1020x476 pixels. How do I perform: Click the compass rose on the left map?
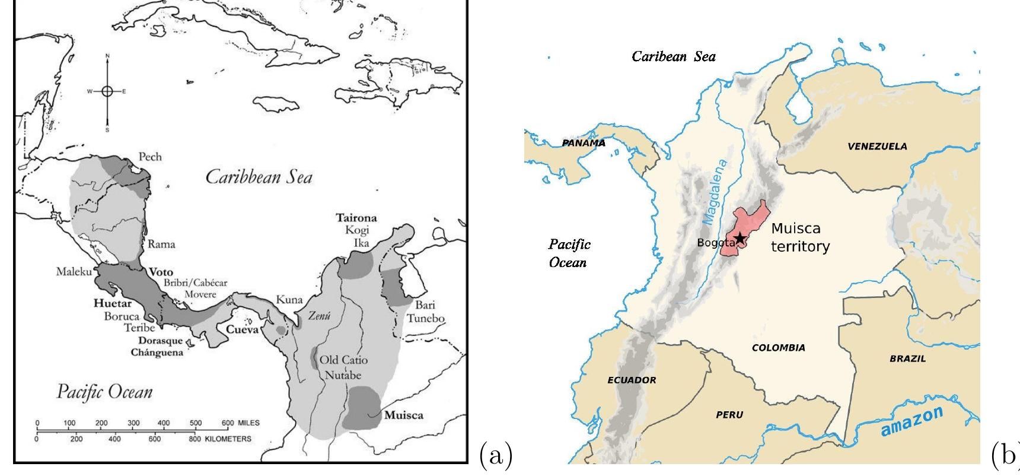(107, 91)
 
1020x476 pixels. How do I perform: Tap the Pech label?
(150, 157)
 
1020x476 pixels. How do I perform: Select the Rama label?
(161, 243)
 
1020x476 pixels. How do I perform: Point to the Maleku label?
(74, 272)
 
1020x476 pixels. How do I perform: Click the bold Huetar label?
(113, 303)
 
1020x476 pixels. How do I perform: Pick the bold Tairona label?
(356, 218)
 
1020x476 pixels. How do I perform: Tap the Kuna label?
(289, 300)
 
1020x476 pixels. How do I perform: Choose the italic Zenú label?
(319, 316)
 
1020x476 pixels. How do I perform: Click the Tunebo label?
(425, 318)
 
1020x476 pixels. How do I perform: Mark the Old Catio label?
(343, 360)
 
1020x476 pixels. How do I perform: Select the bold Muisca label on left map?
(404, 415)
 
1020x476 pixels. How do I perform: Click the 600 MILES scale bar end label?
(241, 423)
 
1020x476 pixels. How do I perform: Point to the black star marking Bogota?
(740, 239)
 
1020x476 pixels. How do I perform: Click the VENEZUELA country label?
(877, 147)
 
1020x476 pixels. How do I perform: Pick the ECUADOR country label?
(632, 380)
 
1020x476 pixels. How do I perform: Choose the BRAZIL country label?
(907, 358)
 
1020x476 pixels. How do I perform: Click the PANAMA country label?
(584, 143)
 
